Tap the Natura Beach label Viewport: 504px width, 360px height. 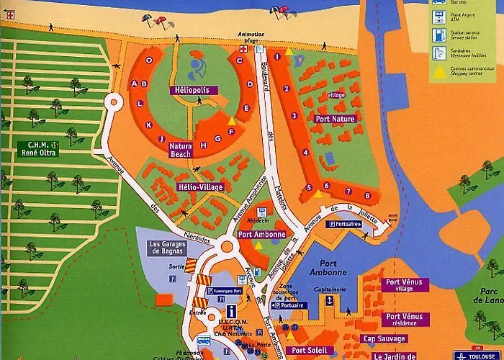(180, 150)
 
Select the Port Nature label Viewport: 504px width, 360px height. (335, 118)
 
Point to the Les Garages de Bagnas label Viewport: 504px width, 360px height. (168, 248)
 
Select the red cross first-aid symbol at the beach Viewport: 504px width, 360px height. (243, 49)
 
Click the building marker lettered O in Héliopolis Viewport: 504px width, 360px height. (149, 60)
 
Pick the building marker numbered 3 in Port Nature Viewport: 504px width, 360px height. (294, 115)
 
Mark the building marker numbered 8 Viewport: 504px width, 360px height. (367, 195)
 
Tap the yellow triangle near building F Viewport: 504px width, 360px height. (230, 120)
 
